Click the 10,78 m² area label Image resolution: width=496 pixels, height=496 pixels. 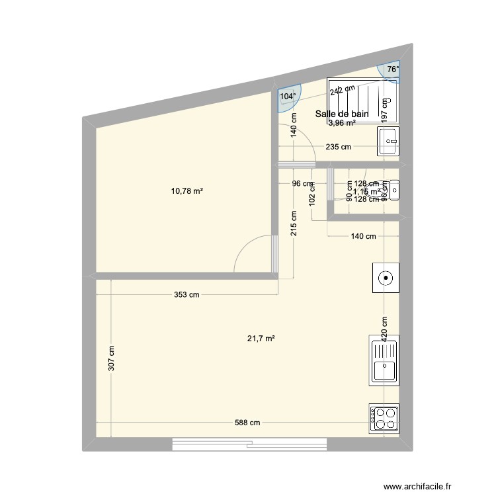click(187, 191)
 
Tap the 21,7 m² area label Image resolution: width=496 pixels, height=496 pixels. click(261, 338)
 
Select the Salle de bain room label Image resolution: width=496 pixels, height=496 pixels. click(341, 114)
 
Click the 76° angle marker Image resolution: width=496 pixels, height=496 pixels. click(393, 69)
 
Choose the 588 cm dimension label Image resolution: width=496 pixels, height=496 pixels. click(246, 423)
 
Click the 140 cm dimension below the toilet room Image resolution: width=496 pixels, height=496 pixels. click(363, 236)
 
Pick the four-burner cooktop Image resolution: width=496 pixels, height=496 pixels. click(384, 417)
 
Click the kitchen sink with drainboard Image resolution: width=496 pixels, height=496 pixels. click(384, 360)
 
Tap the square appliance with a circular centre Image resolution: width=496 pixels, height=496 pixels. click(384, 278)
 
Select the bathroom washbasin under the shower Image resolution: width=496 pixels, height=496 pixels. click(389, 140)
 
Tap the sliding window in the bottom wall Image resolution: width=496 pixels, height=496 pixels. click(251, 444)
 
